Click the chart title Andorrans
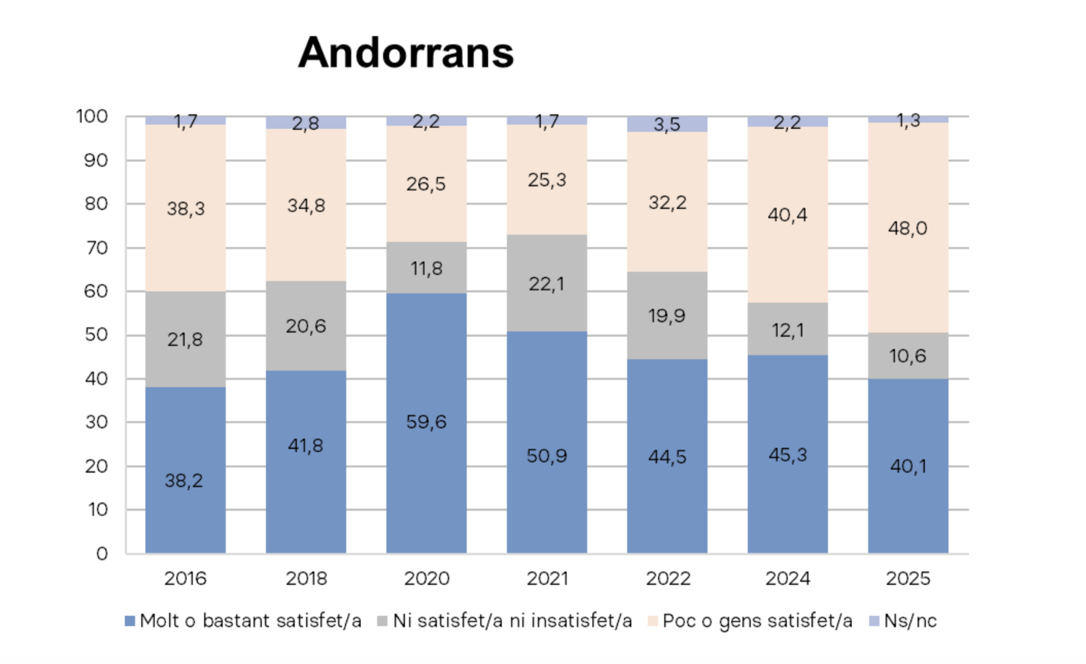(406, 53)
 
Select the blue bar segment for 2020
(426, 485)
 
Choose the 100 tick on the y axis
(92, 117)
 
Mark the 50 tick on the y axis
(96, 335)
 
